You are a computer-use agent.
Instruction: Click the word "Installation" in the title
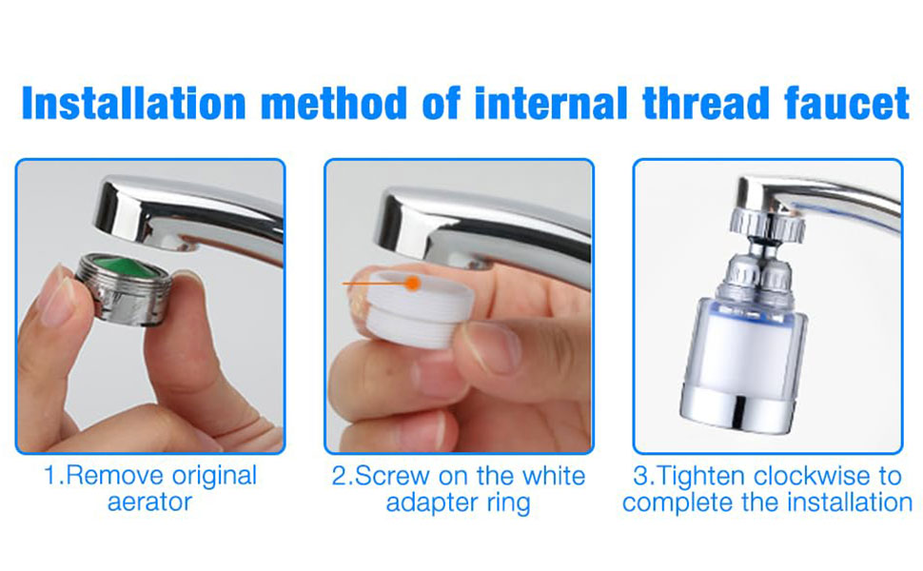coord(133,103)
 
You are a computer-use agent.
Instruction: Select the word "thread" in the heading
coord(705,103)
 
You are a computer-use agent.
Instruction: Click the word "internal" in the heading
coord(551,103)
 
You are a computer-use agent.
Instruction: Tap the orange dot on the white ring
coord(413,284)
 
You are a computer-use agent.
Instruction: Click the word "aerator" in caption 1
coord(149,502)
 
